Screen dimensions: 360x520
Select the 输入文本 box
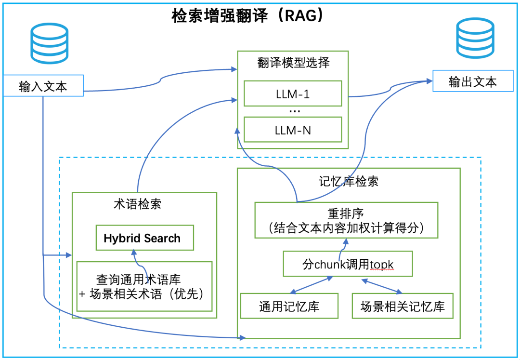tap(43, 86)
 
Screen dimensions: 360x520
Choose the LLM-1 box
tap(293, 94)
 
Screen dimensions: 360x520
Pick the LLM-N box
tap(293, 130)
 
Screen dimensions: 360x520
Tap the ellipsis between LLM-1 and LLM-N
tap(294, 111)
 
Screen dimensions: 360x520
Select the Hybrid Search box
tap(144, 238)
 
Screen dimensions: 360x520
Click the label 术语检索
tap(137, 204)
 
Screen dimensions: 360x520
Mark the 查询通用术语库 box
tap(144, 286)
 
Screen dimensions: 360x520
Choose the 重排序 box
tap(346, 220)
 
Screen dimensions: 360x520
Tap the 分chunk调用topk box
tap(348, 264)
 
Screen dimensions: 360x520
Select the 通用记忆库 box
tap(289, 306)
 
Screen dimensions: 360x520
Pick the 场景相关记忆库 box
tap(403, 306)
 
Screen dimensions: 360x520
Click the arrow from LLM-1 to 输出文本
tap(390, 91)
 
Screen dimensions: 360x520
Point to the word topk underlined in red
tap(383, 264)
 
